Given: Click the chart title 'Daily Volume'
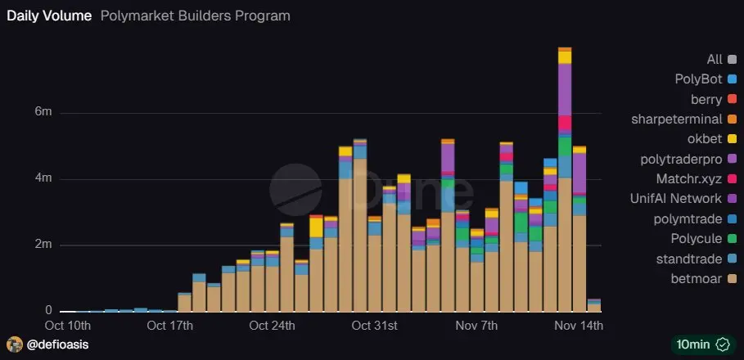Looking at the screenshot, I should coord(49,16).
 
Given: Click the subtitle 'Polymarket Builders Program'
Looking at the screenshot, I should coord(195,16).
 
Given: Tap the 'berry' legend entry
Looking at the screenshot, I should coord(706,100).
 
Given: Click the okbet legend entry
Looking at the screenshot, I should coord(704,139).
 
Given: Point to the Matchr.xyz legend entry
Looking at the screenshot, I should coord(689,178).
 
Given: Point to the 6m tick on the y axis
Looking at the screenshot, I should coord(44,113).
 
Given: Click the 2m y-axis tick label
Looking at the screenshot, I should coord(44,245).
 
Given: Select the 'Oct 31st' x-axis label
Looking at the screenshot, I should coord(374,326).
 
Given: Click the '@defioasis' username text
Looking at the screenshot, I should coord(57,344).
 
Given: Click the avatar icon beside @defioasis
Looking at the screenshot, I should coord(14,344).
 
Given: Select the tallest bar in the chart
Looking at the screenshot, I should coord(565,180).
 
